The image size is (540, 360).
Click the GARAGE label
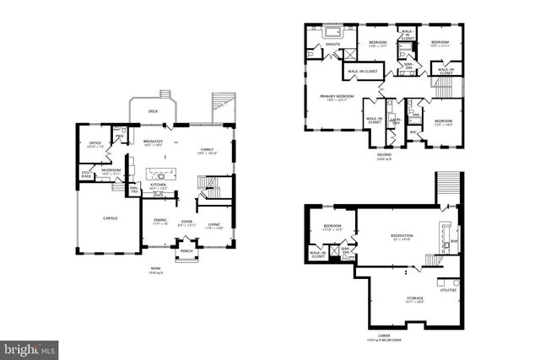(111, 218)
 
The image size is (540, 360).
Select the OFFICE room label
(95, 144)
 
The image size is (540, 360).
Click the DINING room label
(160, 221)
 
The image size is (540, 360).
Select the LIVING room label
(214, 223)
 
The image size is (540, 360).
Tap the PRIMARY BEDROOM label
(336, 97)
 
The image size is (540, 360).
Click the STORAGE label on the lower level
(414, 298)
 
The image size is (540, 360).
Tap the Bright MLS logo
(29, 347)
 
